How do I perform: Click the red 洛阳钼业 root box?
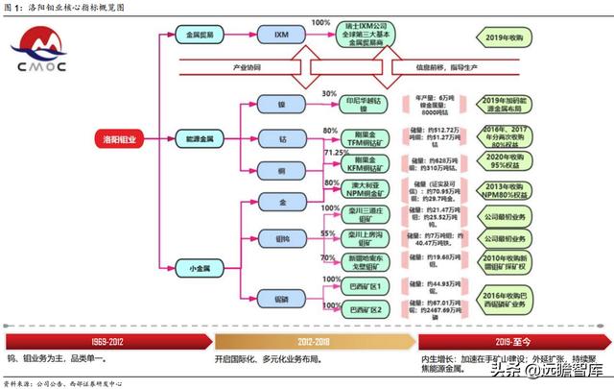(120, 139)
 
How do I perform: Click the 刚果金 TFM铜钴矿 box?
(367, 139)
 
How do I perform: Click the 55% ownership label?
(328, 233)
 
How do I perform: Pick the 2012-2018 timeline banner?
(312, 340)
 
